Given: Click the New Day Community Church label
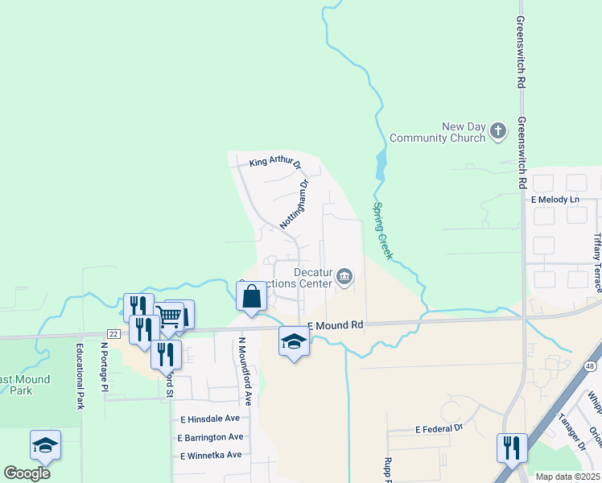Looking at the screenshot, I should pos(437,132).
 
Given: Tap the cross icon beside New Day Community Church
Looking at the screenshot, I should pos(498,130).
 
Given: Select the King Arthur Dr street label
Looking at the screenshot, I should pos(274,162).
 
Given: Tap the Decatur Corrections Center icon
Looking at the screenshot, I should pos(344,277).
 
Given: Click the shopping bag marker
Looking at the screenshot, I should pos(252,297).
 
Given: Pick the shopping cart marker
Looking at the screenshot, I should pos(169,316).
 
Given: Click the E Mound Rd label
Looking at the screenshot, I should pos(335,324).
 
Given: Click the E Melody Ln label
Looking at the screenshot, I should pos(555,199).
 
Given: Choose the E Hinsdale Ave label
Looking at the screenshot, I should pos(210,419).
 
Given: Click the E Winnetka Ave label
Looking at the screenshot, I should pos(210,455).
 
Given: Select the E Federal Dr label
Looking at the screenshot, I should pos(440,430).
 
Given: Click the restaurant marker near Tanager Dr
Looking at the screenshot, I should pos(512,448).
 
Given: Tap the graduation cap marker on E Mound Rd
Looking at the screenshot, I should pos(294,341).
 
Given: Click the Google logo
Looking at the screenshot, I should pos(27,473).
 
